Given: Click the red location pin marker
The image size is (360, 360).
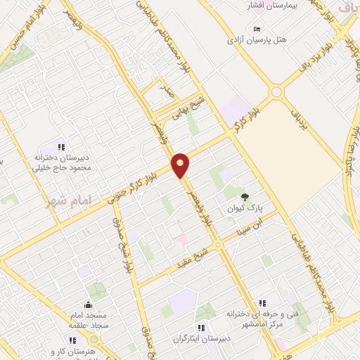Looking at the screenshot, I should pyautogui.click(x=181, y=165).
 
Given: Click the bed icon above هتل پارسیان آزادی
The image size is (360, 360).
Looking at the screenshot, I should pyautogui.click(x=257, y=29).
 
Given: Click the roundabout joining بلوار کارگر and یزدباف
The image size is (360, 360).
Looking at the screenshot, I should pyautogui.click(x=276, y=91).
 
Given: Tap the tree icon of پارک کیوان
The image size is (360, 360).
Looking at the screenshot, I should pyautogui.click(x=245, y=197).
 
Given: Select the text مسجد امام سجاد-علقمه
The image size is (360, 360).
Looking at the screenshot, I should pyautogui.click(x=89, y=321).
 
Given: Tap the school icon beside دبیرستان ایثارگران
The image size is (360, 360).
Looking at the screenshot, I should pyautogui.click(x=200, y=328).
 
